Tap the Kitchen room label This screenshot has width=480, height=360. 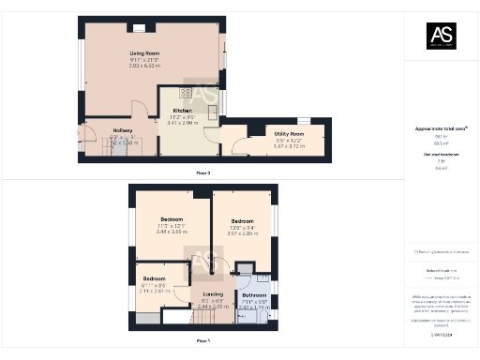point(182,110)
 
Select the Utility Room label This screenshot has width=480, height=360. point(289,134)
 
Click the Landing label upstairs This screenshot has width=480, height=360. point(214,293)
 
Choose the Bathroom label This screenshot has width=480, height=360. point(254,294)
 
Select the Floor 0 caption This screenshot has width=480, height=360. point(203,173)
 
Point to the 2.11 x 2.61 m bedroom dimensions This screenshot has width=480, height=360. point(154,291)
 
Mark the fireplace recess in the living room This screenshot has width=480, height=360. point(139,28)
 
